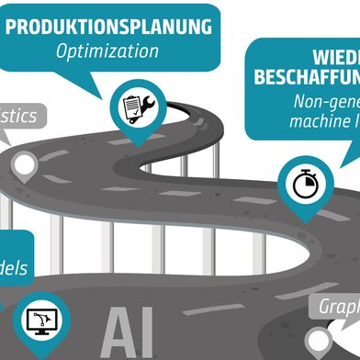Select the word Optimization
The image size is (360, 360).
[x=107, y=51]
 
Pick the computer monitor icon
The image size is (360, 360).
[x=43, y=321]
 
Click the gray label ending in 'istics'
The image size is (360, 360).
[x=18, y=117]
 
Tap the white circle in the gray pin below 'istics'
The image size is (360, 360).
[x=25, y=166]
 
